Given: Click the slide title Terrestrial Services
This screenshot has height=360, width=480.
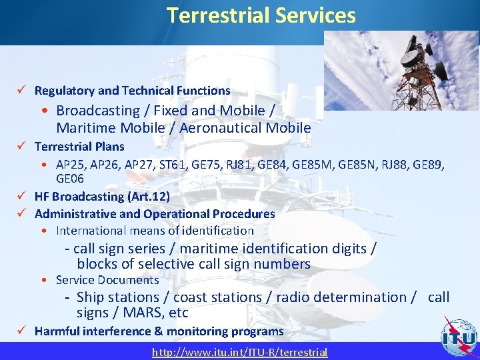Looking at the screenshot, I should pos(261,15).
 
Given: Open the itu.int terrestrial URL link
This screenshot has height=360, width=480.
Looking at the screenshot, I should pos(240,352).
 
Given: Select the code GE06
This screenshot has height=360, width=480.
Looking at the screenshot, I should pos(70,179).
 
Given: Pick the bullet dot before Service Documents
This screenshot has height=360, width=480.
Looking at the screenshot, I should pos(43,281).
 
